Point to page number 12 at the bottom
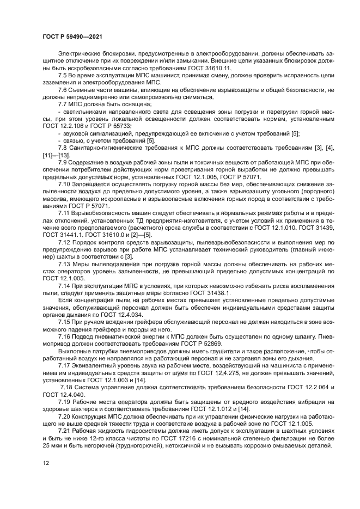(46, 463)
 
